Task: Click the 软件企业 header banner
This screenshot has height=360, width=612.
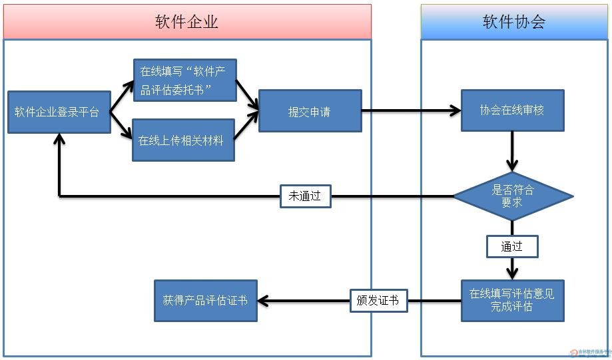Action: tap(187, 21)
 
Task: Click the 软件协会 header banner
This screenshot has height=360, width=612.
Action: tap(514, 21)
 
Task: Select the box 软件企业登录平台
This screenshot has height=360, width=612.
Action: tap(59, 112)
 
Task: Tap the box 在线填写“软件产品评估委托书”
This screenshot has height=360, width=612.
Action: tap(184, 81)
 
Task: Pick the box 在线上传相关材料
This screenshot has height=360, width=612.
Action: tap(183, 140)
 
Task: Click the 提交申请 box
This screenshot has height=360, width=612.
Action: tap(310, 111)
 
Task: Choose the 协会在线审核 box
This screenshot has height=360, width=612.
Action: tap(512, 110)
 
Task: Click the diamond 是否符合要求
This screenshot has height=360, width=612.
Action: tap(513, 196)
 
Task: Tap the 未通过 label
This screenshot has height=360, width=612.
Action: tap(305, 196)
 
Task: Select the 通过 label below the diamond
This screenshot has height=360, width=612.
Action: tap(511, 246)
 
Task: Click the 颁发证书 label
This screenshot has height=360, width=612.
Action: tap(378, 301)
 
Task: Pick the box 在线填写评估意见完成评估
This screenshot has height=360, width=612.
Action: tap(512, 300)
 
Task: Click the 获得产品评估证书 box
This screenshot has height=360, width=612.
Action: tap(205, 301)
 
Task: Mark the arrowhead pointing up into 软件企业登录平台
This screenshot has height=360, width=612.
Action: tap(60, 139)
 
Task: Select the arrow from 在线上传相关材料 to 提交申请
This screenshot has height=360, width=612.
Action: tap(247, 126)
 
